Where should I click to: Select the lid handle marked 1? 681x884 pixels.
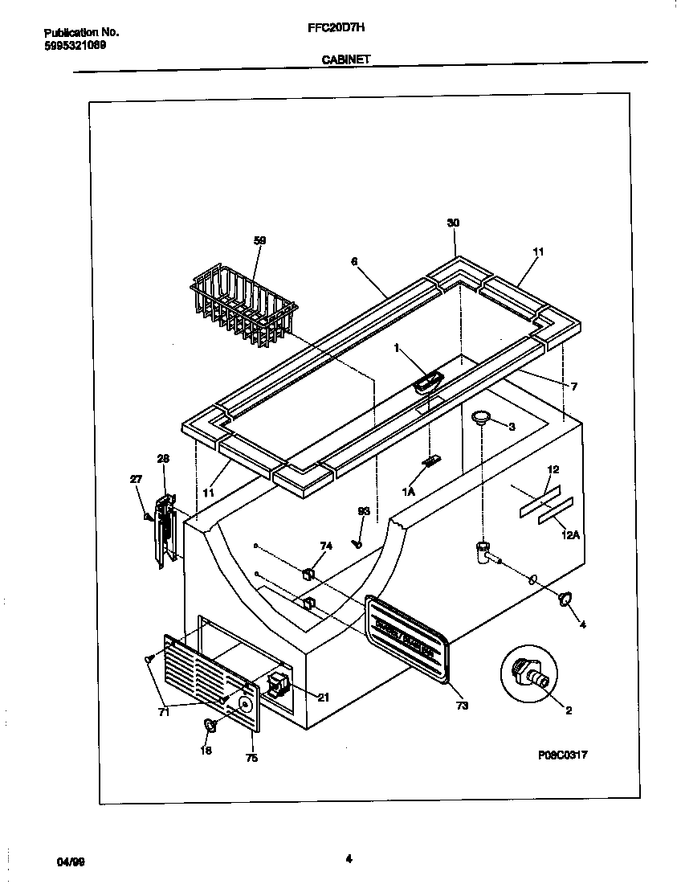[429, 381]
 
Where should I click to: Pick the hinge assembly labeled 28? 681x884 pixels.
[164, 530]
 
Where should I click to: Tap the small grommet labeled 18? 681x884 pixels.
[210, 725]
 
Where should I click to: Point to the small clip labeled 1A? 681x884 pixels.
[431, 462]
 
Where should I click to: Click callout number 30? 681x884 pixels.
[455, 223]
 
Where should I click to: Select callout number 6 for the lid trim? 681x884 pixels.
[354, 261]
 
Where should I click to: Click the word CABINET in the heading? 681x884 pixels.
[345, 59]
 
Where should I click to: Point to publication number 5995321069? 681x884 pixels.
[75, 45]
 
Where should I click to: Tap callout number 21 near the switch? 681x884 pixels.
[323, 698]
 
